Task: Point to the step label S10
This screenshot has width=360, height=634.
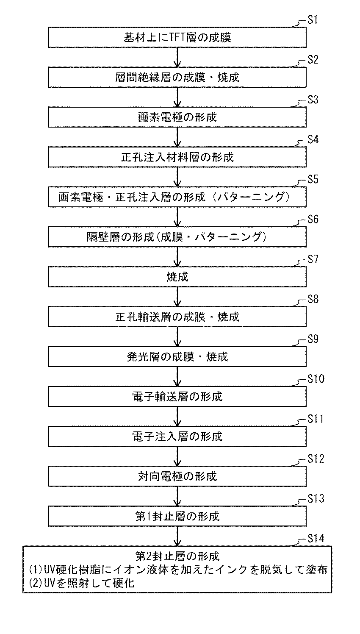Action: click(x=316, y=378)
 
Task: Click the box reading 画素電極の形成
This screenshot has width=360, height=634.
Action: click(x=177, y=117)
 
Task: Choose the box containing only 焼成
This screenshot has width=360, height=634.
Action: click(x=177, y=277)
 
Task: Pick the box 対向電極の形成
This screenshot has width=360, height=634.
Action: click(x=177, y=476)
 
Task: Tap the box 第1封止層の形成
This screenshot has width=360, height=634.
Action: click(x=177, y=516)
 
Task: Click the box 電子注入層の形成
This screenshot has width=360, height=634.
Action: click(x=177, y=437)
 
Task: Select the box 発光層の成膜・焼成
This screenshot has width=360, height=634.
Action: click(x=177, y=356)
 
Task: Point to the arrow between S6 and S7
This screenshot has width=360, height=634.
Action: click(x=177, y=256)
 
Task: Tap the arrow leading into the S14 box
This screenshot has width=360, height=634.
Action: click(x=177, y=536)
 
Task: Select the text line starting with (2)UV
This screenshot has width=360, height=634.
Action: click(x=79, y=583)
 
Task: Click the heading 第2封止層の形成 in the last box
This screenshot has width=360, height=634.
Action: click(x=177, y=556)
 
